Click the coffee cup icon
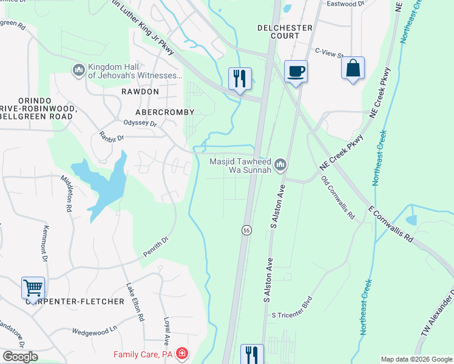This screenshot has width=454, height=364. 296,72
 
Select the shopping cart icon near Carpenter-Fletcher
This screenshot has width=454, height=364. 33,288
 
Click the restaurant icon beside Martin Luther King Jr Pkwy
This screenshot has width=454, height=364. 240,78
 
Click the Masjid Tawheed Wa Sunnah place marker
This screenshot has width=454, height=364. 280,164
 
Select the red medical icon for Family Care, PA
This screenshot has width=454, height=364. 181,354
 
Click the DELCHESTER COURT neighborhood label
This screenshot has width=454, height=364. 285,32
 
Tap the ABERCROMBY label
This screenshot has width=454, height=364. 164,112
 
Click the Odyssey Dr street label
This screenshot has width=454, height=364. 141,124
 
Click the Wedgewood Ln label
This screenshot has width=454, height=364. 94,331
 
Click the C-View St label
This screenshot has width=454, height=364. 329,52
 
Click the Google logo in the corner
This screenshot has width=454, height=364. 21,357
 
